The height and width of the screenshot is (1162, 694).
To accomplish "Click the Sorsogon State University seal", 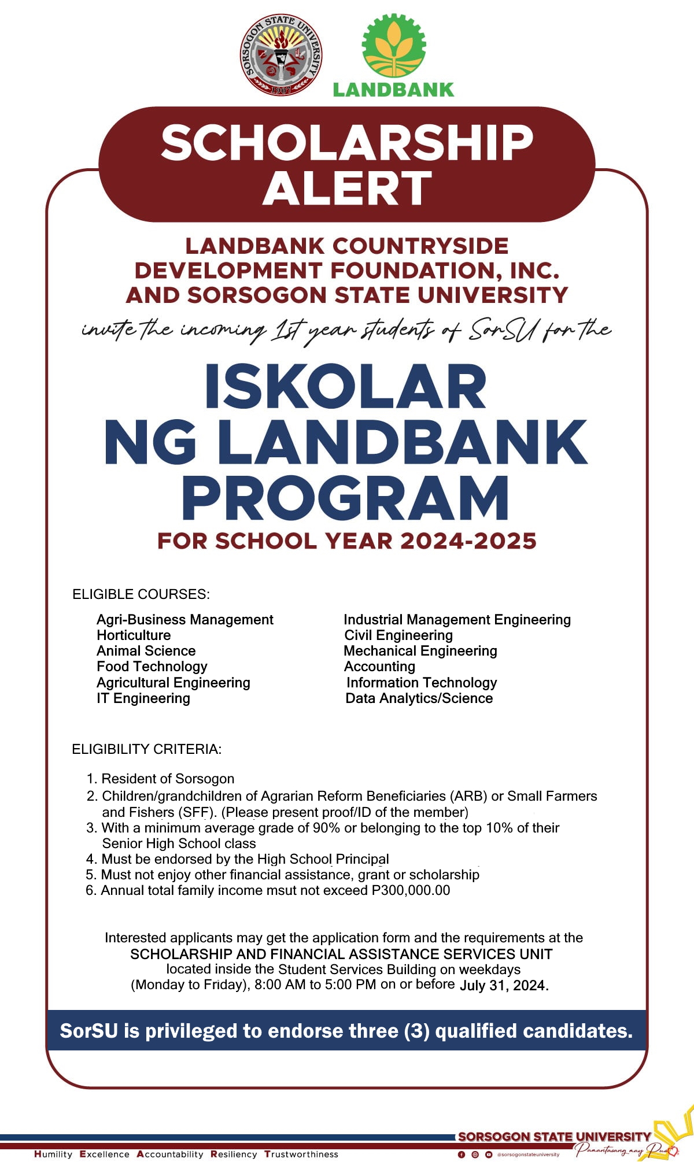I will [281, 55].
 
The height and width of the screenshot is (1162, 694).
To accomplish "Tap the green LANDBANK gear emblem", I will [394, 46].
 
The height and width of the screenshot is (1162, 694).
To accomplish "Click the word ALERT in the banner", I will [347, 188].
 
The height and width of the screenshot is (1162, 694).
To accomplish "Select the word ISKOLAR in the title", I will [345, 387].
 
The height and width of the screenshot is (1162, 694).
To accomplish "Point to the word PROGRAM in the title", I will [346, 498].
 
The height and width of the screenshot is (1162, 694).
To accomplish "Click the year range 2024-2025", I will [468, 541].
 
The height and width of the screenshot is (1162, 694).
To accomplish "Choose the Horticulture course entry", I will [134, 635].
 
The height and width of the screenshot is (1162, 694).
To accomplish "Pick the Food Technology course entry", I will [152, 667].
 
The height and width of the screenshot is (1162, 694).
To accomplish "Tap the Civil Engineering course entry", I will [398, 635].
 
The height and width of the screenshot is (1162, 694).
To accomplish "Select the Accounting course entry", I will [379, 667].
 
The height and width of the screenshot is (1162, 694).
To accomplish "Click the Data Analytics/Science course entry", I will [419, 698].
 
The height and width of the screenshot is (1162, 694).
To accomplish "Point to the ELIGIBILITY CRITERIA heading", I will [146, 749].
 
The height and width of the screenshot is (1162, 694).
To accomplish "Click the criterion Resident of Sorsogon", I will [168, 779].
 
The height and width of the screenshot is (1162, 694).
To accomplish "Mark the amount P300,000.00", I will [411, 890].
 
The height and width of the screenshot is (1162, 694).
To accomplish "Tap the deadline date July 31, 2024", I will [504, 985].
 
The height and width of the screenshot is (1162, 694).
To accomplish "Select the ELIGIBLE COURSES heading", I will [141, 594].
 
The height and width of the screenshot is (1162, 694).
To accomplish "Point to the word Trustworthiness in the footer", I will [301, 1154].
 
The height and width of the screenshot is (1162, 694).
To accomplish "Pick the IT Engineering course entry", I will [143, 698].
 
